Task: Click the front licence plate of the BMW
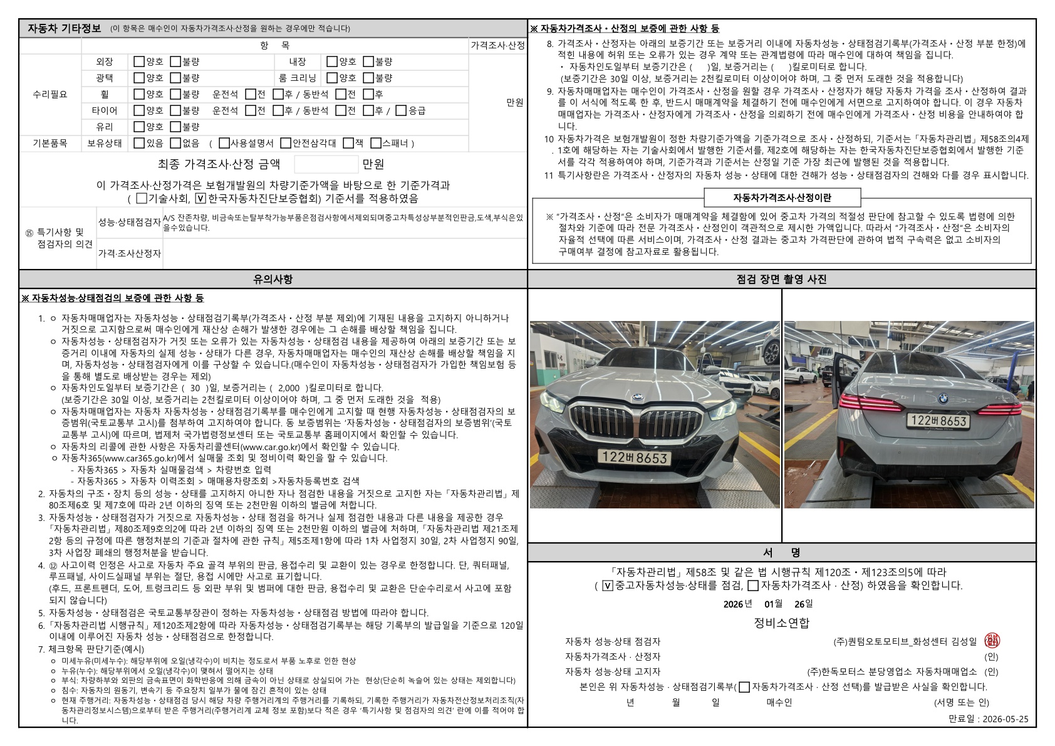634,458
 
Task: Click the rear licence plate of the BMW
938,421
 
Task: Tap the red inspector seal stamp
992,640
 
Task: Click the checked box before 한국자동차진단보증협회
200,199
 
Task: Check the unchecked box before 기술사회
141,199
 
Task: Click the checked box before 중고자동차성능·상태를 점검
607,586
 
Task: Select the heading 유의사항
273,280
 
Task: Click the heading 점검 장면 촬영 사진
781,280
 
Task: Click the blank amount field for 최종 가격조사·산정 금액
326,165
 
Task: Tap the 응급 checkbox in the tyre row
401,111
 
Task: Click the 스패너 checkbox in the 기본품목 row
376,144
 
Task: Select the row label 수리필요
50,95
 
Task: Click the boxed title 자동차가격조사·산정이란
782,198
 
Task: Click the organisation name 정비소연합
781,623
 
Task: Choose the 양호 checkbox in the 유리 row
139,127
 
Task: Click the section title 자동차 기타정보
64,28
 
